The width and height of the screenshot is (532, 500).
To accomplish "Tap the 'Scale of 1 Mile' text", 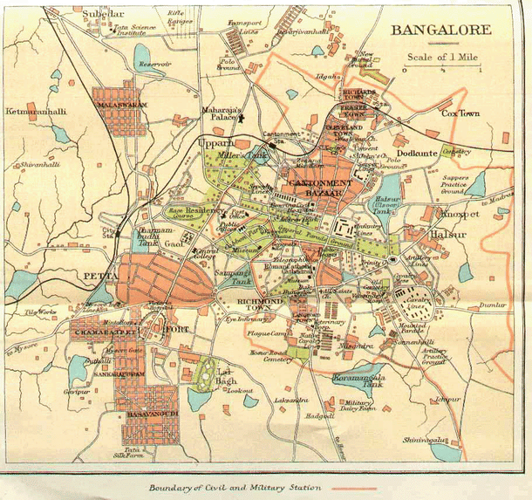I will click(441, 58).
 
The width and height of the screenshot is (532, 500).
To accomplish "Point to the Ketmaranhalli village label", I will click(38, 113).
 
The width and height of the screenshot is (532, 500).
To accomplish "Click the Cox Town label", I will click(461, 113).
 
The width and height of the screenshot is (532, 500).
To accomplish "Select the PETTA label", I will click(94, 277).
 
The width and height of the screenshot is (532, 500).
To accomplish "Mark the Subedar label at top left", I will click(103, 16).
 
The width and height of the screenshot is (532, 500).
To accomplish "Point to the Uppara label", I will click(216, 141).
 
